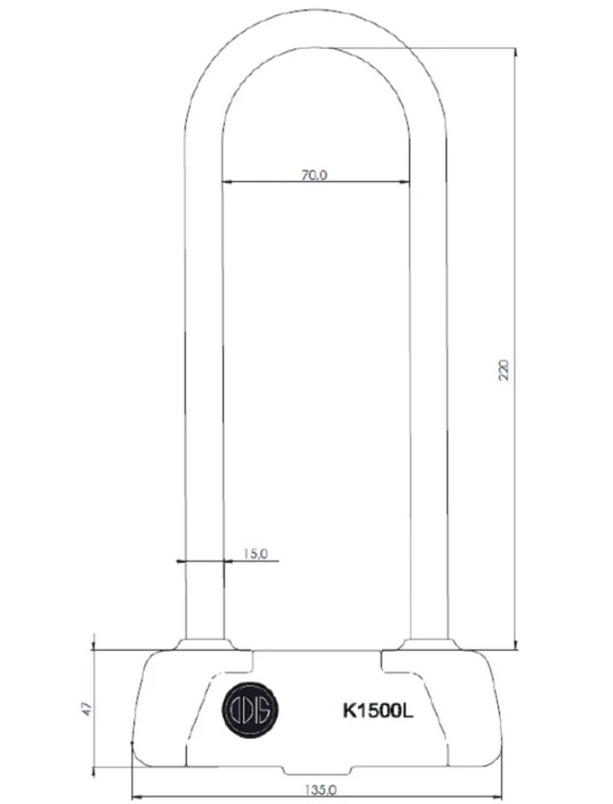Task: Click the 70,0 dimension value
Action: (315, 175)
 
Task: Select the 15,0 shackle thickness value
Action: (255, 554)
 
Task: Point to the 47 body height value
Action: (86, 709)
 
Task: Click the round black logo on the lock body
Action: (250, 710)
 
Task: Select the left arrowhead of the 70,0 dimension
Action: (226, 182)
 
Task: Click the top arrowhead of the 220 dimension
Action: (516, 53)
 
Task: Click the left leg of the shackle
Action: (204, 401)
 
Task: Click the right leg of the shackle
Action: (429, 401)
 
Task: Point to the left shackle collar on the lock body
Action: (205, 644)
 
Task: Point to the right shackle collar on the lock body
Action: (429, 644)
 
